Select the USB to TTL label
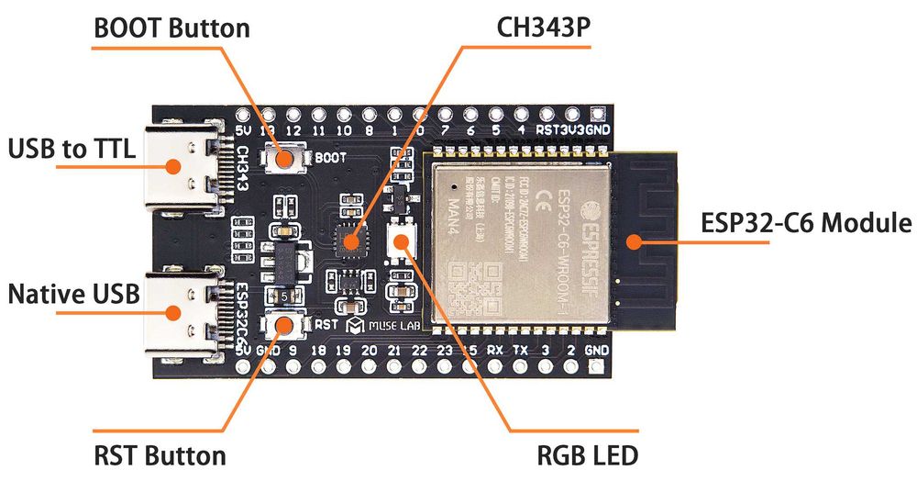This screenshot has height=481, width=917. coord(72,149)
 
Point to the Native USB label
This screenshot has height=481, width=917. coord(73,295)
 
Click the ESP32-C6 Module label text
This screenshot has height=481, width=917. coord(806,223)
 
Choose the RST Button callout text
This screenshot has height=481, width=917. coord(160,455)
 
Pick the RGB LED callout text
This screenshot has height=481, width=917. coord(587,455)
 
